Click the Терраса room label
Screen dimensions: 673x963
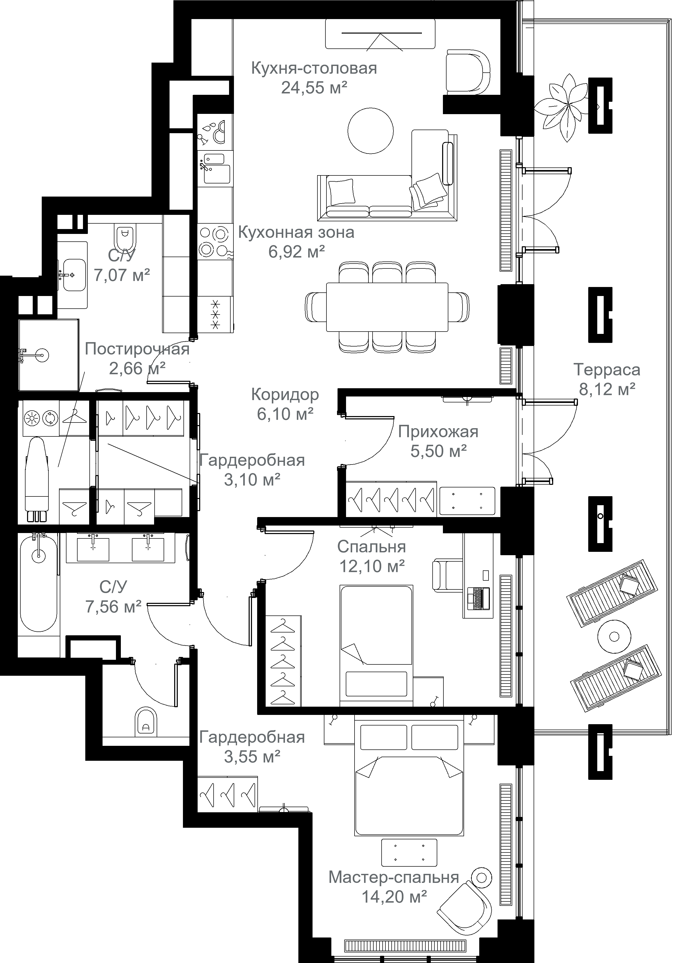607,370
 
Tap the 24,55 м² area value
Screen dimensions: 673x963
314,88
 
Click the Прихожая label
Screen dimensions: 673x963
438,432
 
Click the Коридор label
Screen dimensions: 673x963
285,395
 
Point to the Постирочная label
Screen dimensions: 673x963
137,349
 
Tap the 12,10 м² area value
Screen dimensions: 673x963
372,566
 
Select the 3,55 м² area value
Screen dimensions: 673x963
252,757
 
